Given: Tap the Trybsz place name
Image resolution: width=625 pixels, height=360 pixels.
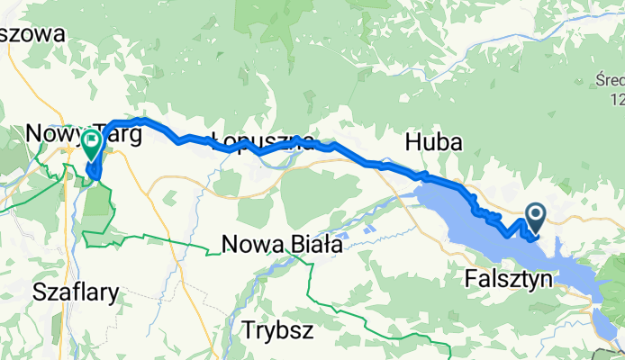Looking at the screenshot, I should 277,329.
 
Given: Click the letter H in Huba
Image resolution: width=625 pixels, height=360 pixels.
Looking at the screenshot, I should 413,142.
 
